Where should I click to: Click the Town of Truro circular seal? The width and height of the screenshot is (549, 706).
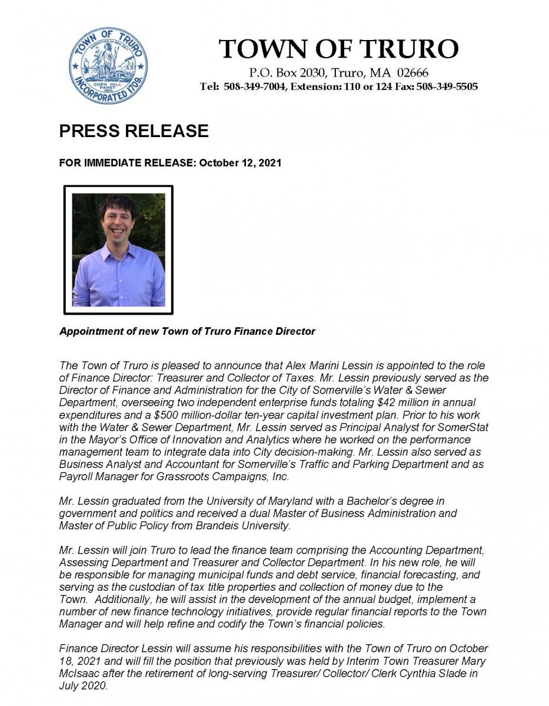coord(109,66)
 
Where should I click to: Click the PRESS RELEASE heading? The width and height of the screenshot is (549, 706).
coord(134,131)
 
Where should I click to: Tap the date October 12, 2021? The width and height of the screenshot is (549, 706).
coord(240,162)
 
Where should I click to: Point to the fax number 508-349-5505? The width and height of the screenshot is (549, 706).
coord(447,86)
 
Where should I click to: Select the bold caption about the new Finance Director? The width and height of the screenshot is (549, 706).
coord(187,331)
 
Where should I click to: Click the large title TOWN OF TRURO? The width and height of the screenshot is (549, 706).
coord(338,48)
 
